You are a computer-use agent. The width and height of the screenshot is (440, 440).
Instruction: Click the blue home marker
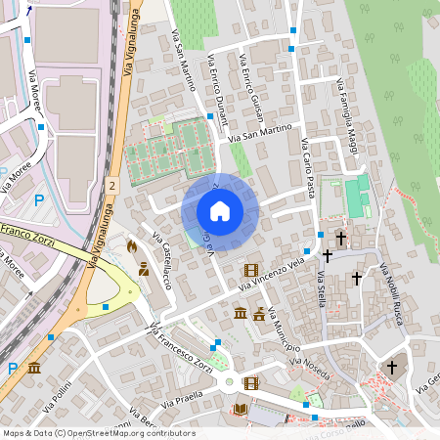point(220,211)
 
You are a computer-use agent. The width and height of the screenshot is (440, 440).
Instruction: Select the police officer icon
point(144,269)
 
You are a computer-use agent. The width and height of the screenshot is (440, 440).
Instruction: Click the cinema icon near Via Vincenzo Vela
point(251,270)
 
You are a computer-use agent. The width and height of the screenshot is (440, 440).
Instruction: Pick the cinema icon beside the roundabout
point(251,382)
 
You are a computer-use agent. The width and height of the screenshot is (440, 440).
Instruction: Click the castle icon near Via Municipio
point(259,314)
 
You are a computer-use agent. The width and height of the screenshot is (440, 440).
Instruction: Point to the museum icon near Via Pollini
point(34,369)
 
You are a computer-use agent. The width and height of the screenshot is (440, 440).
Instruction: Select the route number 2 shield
point(113,184)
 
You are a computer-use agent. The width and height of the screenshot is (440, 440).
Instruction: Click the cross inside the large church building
point(392,367)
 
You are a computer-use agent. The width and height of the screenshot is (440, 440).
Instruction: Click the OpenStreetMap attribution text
point(98,432)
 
